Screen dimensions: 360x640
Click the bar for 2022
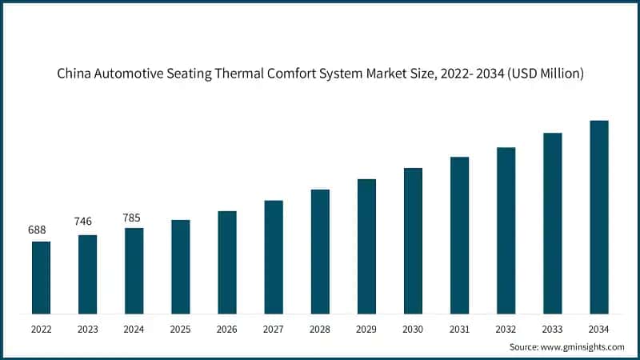point(41,278)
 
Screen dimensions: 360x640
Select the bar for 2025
point(181,266)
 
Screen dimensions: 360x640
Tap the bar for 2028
point(320,251)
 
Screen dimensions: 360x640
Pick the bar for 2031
point(459,235)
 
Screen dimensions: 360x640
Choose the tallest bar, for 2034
point(599,217)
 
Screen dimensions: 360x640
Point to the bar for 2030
point(413,241)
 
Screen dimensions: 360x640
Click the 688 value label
point(37,230)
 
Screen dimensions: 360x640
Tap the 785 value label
point(134,217)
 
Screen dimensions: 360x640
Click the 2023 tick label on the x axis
point(87,328)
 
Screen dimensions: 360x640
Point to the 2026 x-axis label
point(227,328)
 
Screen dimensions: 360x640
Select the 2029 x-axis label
point(366,328)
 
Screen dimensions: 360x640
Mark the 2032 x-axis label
point(506,328)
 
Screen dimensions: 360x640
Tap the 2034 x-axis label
point(599,328)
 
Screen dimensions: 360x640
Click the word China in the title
point(74,74)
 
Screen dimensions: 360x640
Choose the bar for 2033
point(553,223)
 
